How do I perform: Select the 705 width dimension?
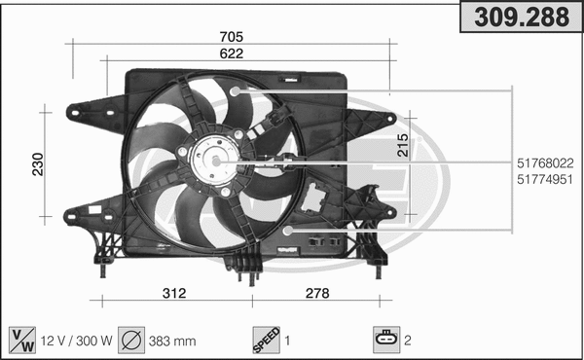(x=231, y=37)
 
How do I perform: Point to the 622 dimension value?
(x=231, y=54)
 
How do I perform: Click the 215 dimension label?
(x=402, y=146)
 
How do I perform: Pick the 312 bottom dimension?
(x=174, y=293)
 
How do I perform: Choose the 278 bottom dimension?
(x=316, y=293)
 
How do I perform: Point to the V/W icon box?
(x=20, y=341)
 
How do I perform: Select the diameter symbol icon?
(x=131, y=341)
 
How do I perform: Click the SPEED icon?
(x=266, y=341)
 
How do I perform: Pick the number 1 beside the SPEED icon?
(x=287, y=342)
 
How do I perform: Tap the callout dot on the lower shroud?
(x=288, y=231)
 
